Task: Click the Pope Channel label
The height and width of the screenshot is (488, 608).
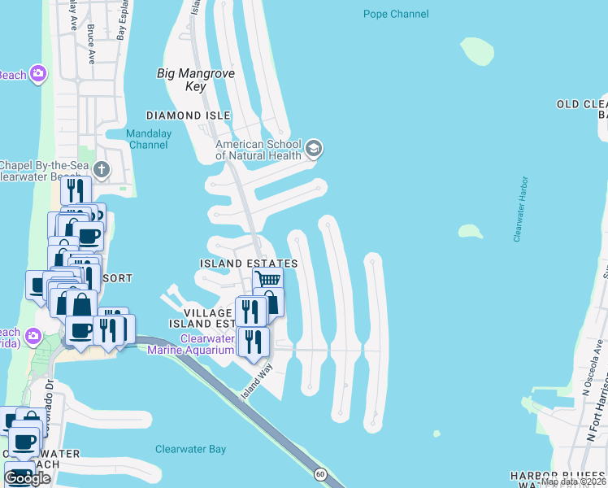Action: (396, 14)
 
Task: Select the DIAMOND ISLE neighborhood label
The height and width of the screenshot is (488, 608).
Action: (187, 115)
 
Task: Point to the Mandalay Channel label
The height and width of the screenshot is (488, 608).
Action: (147, 139)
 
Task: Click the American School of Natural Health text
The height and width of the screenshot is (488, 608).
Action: (258, 150)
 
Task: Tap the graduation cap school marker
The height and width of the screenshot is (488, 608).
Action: (315, 150)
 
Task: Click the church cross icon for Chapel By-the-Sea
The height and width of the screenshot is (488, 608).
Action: (101, 169)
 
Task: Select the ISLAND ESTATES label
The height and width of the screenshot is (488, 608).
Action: (249, 264)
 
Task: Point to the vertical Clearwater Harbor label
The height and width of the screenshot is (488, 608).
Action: (519, 209)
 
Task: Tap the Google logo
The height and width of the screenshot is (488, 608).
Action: (28, 477)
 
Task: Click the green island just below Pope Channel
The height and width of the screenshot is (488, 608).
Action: (476, 50)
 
